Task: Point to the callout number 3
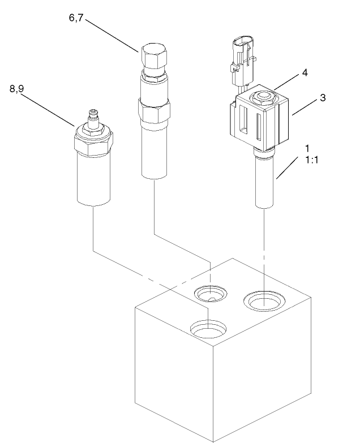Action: (323, 97)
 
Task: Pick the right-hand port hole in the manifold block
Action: (264, 301)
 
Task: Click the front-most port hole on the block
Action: (208, 328)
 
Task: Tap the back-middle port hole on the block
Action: (210, 293)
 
